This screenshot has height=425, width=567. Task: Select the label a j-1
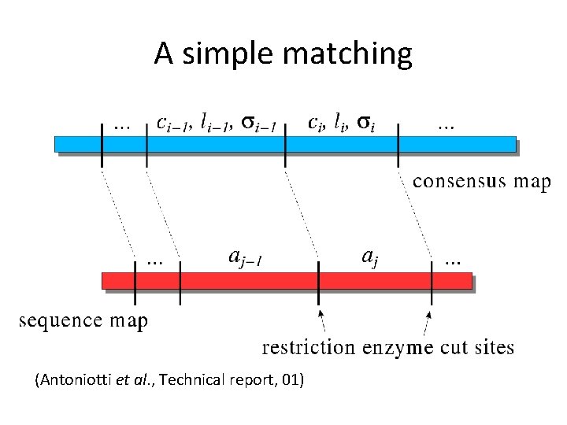point(244,256)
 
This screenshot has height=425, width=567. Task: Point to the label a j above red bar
point(369,256)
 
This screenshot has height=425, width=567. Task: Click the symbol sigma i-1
point(258,123)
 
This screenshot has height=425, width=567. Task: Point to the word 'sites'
point(492,347)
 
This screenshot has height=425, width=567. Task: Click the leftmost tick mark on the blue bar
point(102,144)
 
